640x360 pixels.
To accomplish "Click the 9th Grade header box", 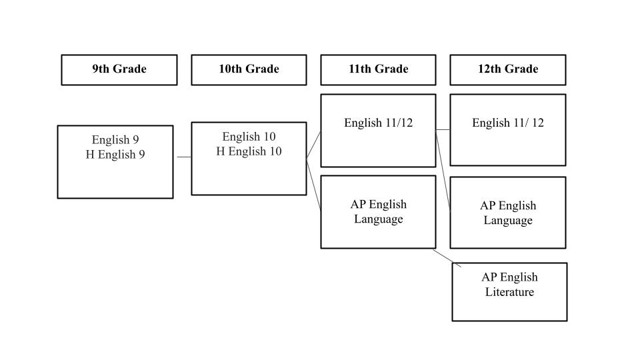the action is click(x=119, y=69).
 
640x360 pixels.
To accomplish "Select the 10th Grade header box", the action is click(x=249, y=69).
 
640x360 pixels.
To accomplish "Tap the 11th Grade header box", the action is click(x=378, y=69).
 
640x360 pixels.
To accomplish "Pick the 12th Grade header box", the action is click(x=507, y=69).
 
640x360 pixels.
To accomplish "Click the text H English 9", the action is click(x=115, y=155).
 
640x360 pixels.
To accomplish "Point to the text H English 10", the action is click(x=249, y=151).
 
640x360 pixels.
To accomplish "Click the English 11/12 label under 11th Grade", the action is click(x=378, y=123).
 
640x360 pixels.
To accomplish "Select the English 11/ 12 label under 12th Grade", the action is click(x=507, y=123).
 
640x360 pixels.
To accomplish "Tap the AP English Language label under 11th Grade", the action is click(x=378, y=211).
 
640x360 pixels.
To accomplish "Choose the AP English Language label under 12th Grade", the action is click(x=507, y=213).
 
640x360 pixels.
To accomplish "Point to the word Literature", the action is click(x=509, y=292).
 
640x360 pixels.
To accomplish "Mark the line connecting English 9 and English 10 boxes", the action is click(x=184, y=157).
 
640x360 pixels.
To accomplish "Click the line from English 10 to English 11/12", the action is click(x=313, y=145).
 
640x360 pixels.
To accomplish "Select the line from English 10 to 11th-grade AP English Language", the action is click(x=314, y=183).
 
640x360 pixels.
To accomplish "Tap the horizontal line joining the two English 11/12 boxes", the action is click(x=443, y=129).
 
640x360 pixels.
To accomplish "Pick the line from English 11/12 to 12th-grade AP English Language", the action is click(x=443, y=170).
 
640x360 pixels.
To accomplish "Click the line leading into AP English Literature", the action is click(x=447, y=259).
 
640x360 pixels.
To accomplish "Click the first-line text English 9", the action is click(x=115, y=140).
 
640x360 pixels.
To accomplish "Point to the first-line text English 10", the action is click(x=249, y=137).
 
